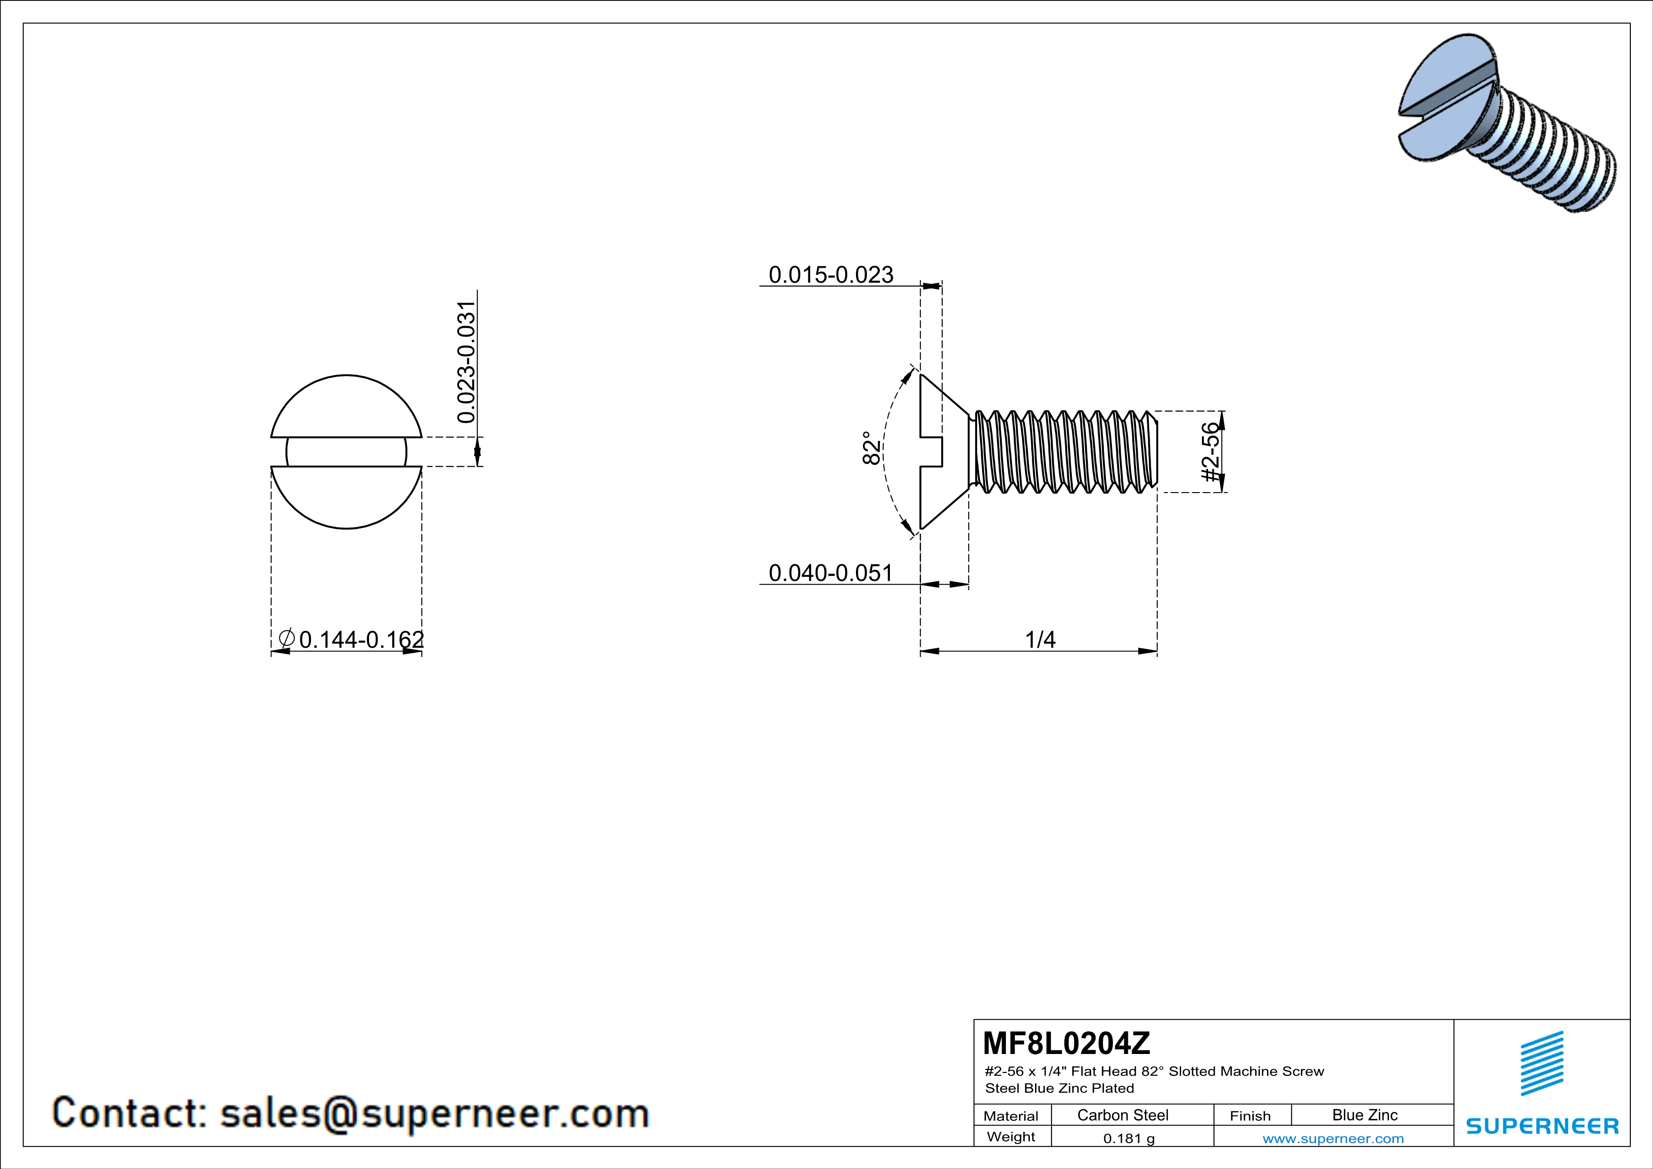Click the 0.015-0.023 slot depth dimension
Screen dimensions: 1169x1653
(831, 275)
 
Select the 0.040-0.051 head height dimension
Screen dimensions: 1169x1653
(831, 573)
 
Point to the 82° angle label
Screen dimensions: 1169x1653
(871, 448)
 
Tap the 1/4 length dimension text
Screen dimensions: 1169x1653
(1040, 639)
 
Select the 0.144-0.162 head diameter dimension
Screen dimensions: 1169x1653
(362, 639)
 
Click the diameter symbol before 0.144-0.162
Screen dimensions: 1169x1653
(286, 638)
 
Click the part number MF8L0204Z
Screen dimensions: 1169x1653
(1066, 1042)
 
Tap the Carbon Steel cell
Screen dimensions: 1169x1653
(1122, 1115)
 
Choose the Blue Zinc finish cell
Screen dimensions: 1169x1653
(1364, 1115)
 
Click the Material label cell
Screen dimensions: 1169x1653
(1011, 1116)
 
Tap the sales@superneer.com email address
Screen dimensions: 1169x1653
(434, 1113)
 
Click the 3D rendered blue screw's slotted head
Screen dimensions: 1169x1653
(1444, 101)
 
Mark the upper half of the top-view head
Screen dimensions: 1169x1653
(346, 407)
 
